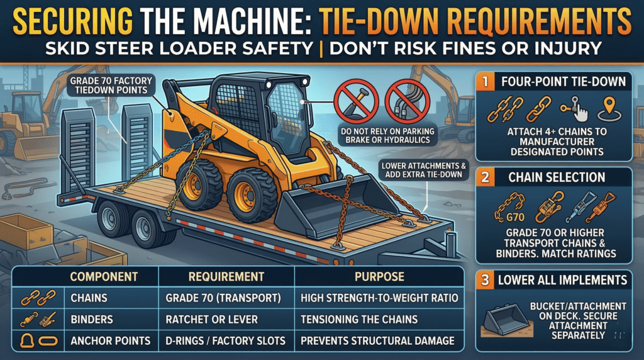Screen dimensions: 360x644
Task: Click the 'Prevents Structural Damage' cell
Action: point(377,340)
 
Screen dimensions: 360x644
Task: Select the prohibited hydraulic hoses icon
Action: point(406,101)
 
